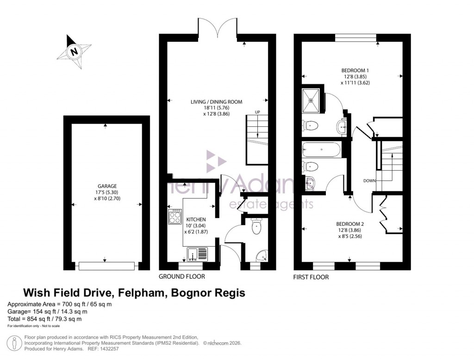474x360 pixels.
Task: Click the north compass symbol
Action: (73, 52)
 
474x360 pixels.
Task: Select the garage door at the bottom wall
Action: (106, 266)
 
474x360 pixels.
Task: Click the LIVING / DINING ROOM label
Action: (217, 102)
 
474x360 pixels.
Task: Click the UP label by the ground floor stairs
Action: (257, 112)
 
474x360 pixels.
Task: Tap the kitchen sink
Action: (198, 254)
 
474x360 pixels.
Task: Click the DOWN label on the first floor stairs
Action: (369, 180)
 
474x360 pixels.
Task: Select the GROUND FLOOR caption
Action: (182, 277)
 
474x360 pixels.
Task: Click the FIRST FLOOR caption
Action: (311, 277)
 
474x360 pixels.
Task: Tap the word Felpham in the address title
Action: (143, 293)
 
